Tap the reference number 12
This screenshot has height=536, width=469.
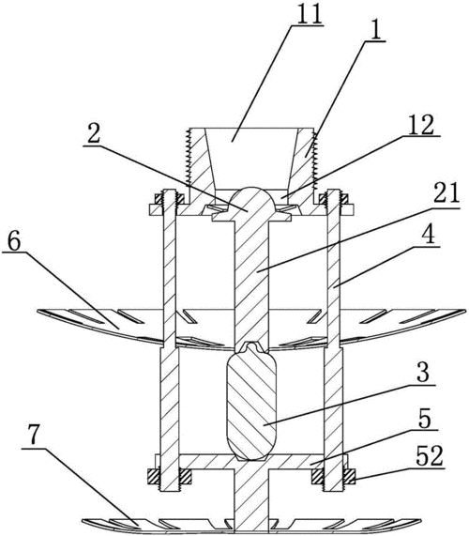point(421,125)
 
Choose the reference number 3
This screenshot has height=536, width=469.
point(423,373)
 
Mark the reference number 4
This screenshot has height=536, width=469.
point(429,235)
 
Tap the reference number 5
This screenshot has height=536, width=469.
point(425,419)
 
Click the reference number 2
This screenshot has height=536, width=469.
point(94,133)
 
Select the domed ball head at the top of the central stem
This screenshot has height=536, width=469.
point(251,200)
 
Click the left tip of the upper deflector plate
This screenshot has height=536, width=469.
point(37,311)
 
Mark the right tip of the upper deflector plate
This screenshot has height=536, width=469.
point(466,311)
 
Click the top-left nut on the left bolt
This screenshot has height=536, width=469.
point(159,199)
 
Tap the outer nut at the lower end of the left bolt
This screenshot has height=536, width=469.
point(153,476)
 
